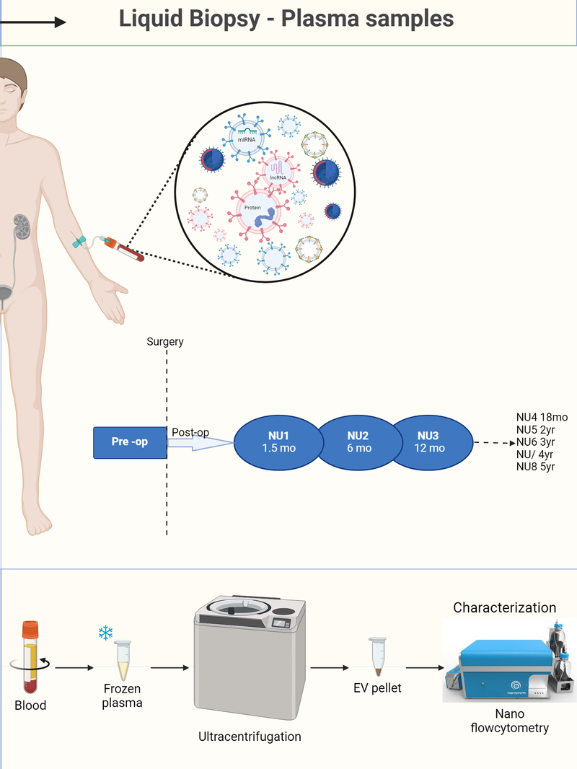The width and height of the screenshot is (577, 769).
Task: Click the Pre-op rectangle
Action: coord(130,441)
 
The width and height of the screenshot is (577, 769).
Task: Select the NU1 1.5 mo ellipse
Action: coord(278,441)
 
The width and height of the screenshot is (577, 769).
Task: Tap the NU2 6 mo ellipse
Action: coord(358,441)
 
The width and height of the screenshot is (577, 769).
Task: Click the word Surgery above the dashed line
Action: coord(164,341)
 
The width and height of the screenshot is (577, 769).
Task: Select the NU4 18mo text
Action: coord(542,417)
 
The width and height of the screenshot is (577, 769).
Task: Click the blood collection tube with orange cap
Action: coord(30,656)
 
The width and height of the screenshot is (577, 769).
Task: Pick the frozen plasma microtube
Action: coord(123,660)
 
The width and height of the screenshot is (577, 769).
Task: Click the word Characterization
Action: coord(504,607)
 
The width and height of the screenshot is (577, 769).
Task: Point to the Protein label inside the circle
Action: coord(252,207)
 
